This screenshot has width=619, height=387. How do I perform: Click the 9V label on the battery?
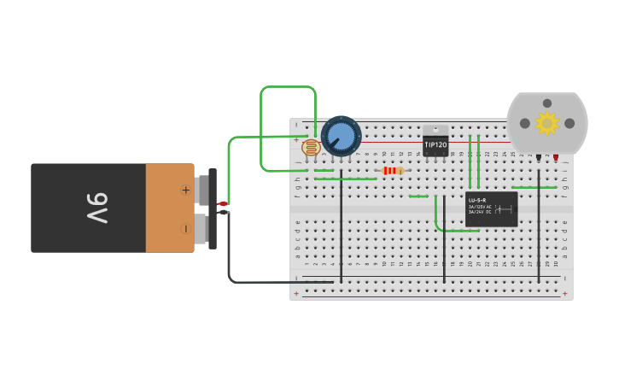coord(96,208)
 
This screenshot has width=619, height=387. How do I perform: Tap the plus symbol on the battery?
coord(185,190)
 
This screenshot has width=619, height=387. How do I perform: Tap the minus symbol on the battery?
coord(185,228)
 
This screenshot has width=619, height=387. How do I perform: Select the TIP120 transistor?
coord(435,145)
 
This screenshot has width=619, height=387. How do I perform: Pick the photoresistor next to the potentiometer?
coord(312,148)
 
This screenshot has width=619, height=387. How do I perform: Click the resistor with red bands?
coord(392,171)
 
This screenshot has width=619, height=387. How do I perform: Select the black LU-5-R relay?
coord(492,209)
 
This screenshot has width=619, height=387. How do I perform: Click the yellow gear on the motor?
coord(546,123)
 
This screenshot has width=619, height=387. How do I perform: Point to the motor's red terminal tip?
coord(556,158)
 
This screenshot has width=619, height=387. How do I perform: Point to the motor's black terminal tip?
coord(539,158)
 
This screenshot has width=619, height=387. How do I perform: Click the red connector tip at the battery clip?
coord(222,203)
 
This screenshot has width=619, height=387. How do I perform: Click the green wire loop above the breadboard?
coord(289,86)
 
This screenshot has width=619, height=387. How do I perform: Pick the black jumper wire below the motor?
coord(539,231)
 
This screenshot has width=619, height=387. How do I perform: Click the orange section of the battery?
coord(170,208)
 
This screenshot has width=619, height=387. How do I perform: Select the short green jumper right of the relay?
coord(534,187)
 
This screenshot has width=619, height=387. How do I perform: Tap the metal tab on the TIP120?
coord(435,130)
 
